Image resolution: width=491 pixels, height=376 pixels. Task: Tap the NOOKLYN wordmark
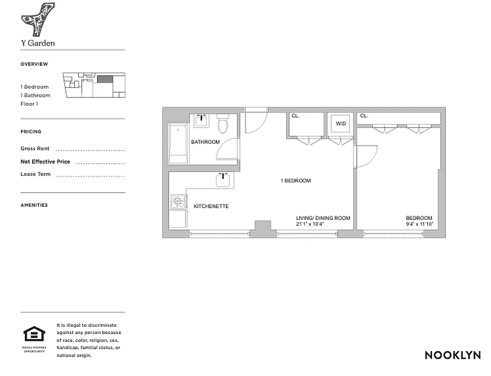[452, 355]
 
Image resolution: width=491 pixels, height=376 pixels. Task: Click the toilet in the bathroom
[222, 125]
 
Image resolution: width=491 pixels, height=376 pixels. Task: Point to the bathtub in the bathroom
[178, 144]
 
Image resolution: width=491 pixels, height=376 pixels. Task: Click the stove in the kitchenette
[178, 202]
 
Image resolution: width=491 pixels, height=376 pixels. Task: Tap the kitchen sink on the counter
[223, 179]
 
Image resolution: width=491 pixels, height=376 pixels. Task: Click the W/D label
[340, 124]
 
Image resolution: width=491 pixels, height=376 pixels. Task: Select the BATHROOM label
[205, 142]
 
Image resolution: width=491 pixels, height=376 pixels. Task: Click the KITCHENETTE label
[211, 206]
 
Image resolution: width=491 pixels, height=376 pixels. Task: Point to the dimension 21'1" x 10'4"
[310, 224]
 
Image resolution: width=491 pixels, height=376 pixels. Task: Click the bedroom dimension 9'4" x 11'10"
[419, 224]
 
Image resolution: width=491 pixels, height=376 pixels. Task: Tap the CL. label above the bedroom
[364, 116]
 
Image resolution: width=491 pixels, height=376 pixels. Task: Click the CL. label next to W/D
[295, 116]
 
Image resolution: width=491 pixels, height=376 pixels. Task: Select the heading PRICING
[31, 132]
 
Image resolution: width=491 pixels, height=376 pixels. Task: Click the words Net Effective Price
[45, 162]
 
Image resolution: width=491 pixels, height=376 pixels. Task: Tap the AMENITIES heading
[34, 205]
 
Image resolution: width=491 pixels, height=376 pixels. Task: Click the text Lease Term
[35, 174]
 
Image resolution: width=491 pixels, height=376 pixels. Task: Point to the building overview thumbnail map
[95, 85]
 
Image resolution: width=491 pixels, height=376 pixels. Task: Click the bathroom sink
[202, 120]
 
